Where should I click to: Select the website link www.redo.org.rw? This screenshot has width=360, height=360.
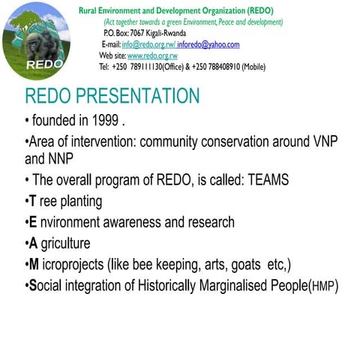tap(152, 55)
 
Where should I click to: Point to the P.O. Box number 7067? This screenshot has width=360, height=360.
tap(140, 33)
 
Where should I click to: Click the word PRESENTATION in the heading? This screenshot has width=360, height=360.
tap(139, 97)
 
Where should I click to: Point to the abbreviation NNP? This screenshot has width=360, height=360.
tap(63, 158)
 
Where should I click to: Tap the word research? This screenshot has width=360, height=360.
tap(208, 222)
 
